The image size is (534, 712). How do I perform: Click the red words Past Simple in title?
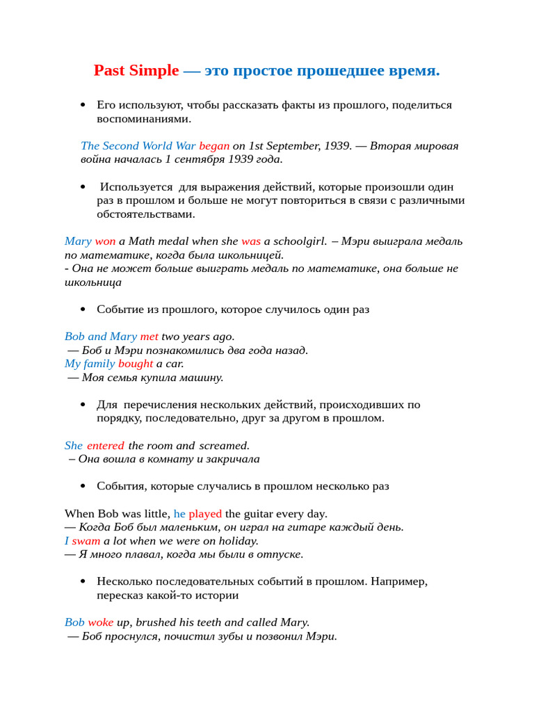click(x=136, y=71)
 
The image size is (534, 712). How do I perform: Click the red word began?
click(x=214, y=146)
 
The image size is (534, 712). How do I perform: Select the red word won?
click(x=105, y=241)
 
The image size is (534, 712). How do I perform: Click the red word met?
click(x=149, y=337)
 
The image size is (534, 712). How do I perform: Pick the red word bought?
click(x=136, y=364)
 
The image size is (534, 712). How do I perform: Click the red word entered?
click(x=106, y=446)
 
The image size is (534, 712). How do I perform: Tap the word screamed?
click(x=224, y=446)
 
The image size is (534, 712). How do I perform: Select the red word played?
click(x=205, y=514)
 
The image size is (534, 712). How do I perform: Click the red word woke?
click(x=100, y=622)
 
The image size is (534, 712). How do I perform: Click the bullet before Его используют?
click(x=83, y=105)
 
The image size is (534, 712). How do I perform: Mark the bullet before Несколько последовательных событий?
click(x=83, y=581)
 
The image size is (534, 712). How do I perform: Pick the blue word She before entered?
click(x=74, y=446)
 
